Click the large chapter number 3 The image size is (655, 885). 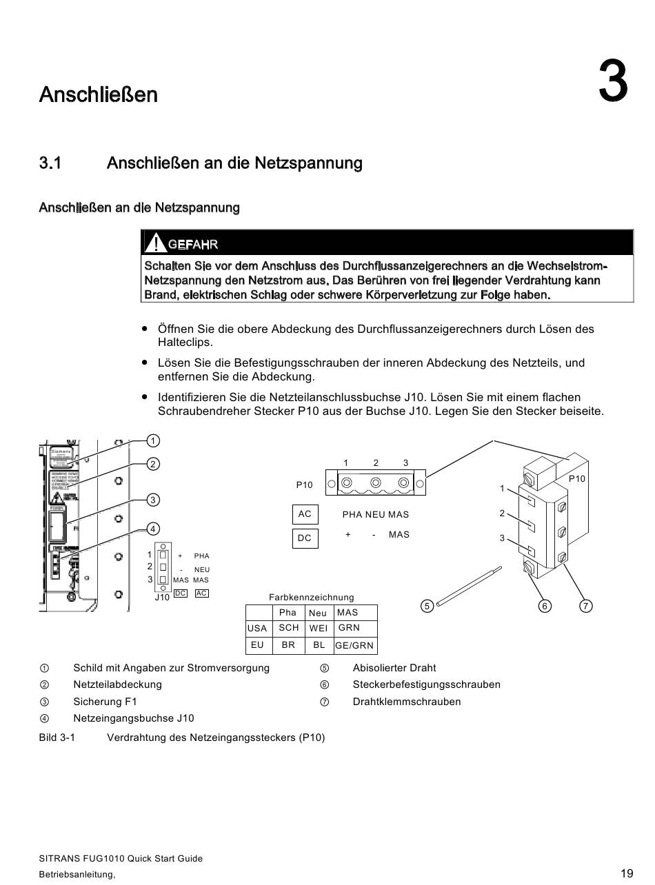613,81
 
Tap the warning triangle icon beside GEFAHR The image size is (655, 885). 156,243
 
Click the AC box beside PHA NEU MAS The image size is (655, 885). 305,514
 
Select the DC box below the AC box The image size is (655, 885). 305,538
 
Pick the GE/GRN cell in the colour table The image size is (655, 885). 354,646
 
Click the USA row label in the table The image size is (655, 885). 257,629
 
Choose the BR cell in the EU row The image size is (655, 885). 288,645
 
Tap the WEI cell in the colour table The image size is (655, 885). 318,629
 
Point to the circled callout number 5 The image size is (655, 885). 427,606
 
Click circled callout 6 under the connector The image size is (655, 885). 545,606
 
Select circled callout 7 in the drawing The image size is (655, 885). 585,606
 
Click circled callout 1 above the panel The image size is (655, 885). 153,440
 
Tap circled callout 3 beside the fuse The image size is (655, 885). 153,499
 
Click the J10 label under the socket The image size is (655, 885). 162,598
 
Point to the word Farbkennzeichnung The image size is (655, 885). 311,598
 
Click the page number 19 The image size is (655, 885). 626,873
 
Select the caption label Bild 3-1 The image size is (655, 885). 57,737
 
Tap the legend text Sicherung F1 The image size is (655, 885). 105,702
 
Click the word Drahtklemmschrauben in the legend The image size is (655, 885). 407,702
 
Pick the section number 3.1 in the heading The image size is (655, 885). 50,163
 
